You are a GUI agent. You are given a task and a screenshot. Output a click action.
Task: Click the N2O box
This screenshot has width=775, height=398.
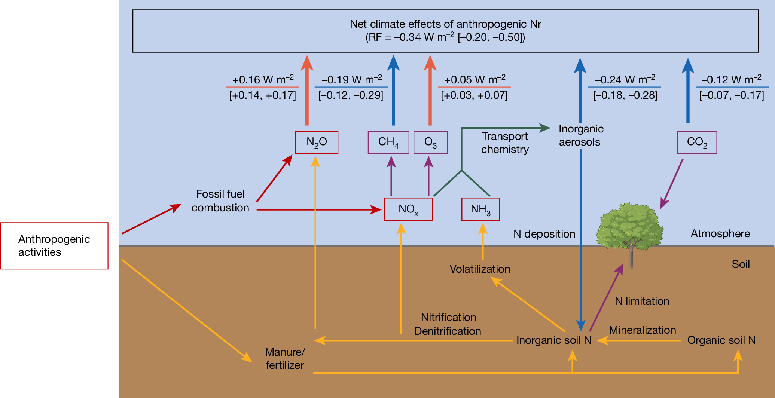[317, 142]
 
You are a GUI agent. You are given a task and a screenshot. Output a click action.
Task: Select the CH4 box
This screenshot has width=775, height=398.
[388, 142]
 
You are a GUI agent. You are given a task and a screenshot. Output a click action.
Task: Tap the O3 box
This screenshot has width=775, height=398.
[430, 142]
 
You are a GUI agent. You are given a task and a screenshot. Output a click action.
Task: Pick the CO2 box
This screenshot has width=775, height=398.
[697, 142]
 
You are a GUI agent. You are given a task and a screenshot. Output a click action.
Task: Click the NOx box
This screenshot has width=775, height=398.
[408, 209]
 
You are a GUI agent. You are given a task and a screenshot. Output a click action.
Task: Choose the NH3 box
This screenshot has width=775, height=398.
[480, 209]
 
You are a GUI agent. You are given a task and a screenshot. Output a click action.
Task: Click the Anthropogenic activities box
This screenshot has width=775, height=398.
[54, 246]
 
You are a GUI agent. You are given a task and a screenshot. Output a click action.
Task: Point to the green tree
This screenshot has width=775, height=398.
[630, 228]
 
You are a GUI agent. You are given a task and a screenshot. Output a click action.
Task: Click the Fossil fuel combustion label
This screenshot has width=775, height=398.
[220, 201]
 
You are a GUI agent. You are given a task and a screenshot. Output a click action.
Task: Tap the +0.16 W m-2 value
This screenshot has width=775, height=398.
[263, 80]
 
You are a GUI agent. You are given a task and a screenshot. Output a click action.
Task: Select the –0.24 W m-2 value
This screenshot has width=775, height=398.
[625, 80]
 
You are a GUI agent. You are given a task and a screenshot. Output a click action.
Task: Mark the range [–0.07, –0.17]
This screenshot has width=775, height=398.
[732, 95]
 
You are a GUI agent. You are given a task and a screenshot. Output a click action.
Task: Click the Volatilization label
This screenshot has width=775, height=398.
[480, 269]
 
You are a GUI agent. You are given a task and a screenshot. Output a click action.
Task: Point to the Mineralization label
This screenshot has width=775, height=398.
[642, 330]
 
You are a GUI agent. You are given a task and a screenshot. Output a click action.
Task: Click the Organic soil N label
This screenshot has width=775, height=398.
[721, 340]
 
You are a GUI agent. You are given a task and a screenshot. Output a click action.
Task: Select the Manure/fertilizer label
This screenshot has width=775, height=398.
[285, 358]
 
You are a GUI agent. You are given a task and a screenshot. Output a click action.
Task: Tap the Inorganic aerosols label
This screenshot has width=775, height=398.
[581, 135]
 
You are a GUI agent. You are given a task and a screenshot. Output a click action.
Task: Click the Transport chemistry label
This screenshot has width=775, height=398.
[505, 143]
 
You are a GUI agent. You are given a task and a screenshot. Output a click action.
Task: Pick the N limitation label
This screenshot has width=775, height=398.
[642, 301]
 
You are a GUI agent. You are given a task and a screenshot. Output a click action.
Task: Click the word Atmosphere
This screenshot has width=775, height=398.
[720, 233]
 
